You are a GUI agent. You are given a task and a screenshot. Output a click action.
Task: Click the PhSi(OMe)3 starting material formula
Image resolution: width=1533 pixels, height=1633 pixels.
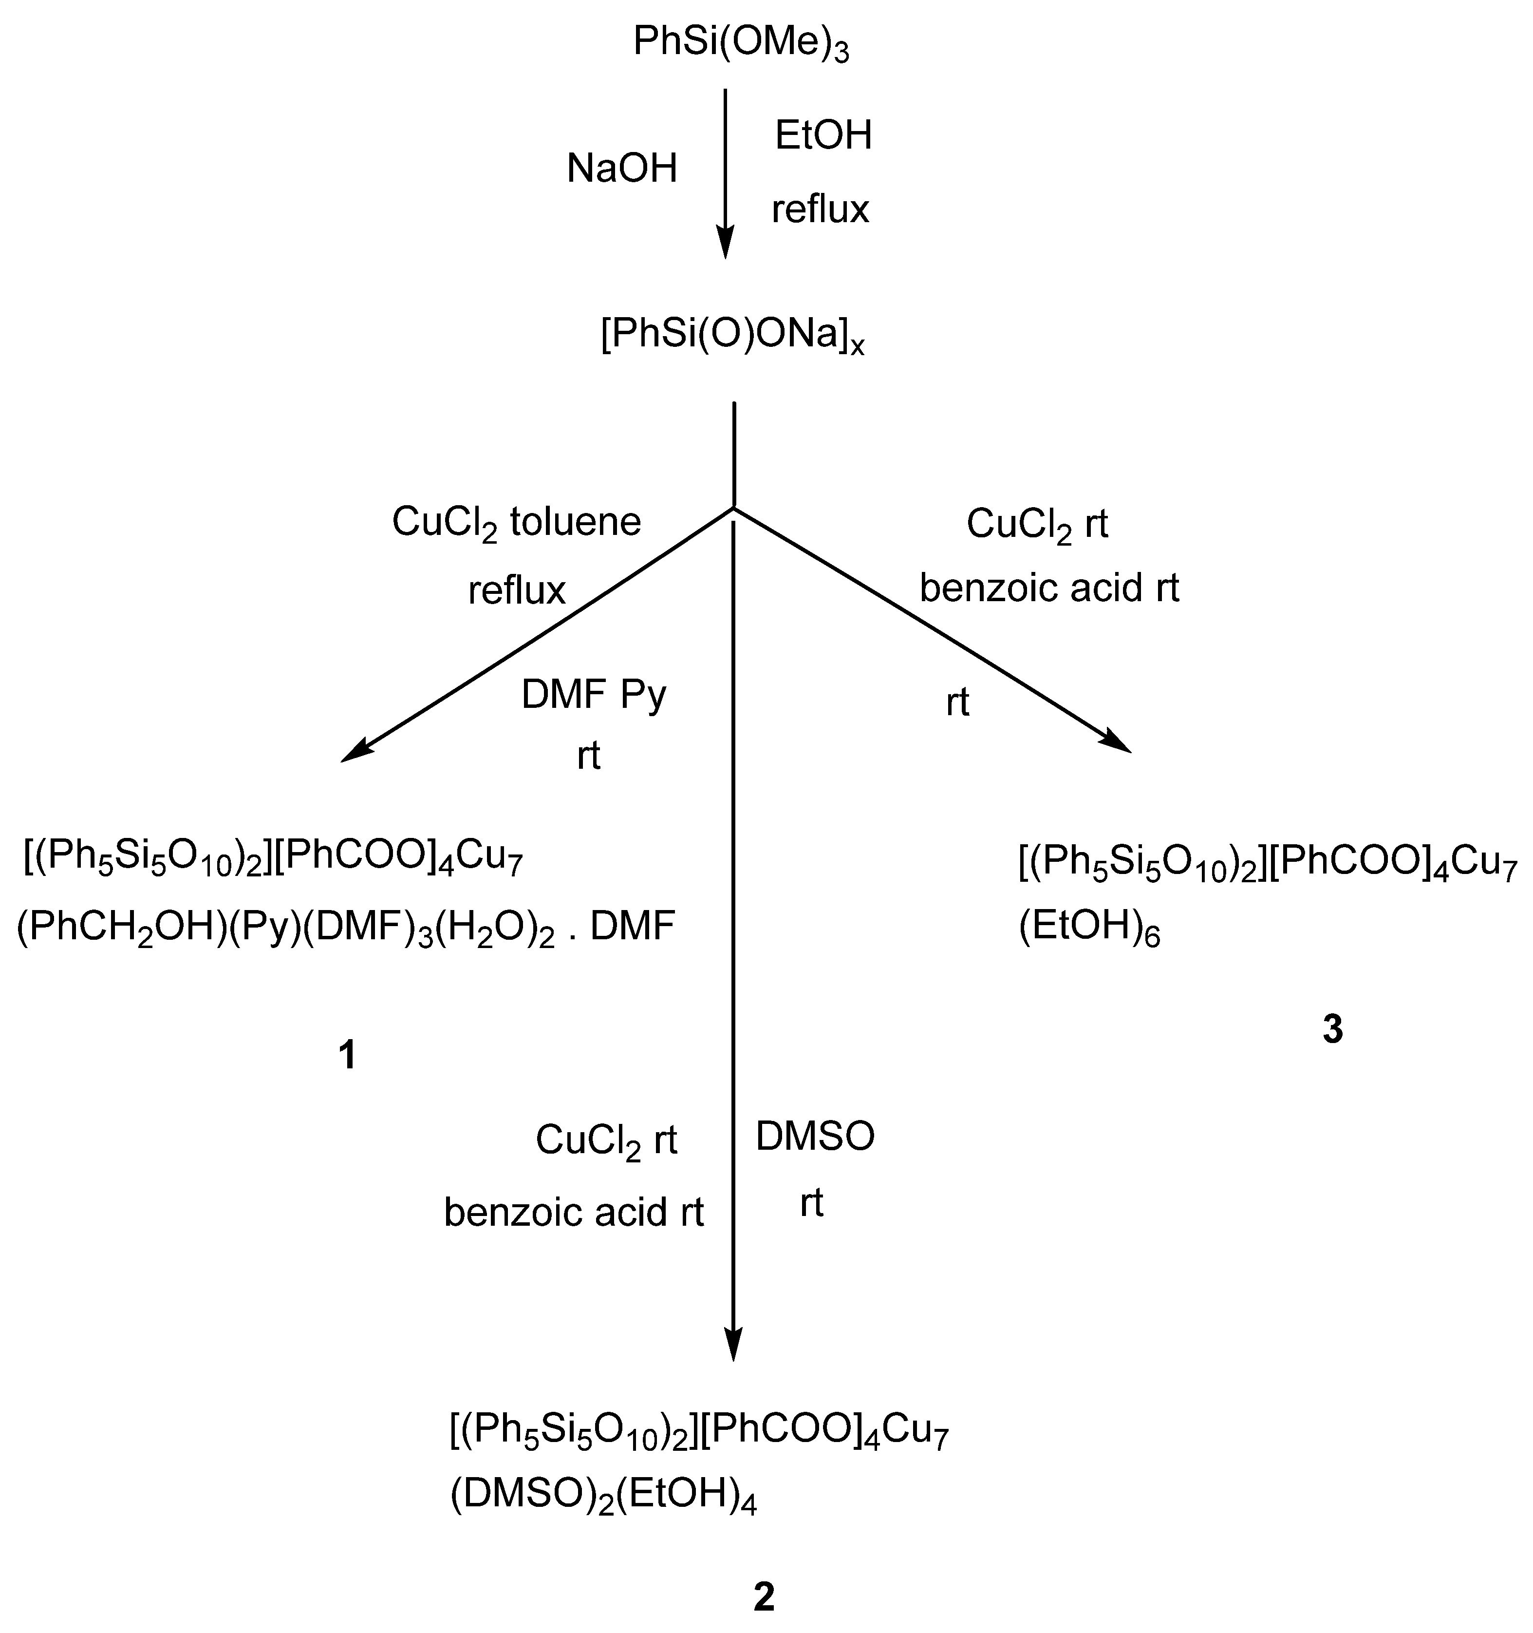click(x=741, y=43)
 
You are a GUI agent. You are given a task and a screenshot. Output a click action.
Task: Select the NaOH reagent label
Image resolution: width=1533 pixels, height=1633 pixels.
click(x=621, y=169)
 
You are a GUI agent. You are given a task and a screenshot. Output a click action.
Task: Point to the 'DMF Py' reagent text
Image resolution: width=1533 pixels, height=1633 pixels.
click(x=594, y=695)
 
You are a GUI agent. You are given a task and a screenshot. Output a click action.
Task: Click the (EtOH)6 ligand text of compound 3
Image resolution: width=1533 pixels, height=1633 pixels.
click(x=1089, y=928)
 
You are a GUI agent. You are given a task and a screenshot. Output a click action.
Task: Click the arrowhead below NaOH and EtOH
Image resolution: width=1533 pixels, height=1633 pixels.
click(x=724, y=245)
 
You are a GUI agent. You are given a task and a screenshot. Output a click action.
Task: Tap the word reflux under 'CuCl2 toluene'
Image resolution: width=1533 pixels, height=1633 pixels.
click(x=517, y=590)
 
